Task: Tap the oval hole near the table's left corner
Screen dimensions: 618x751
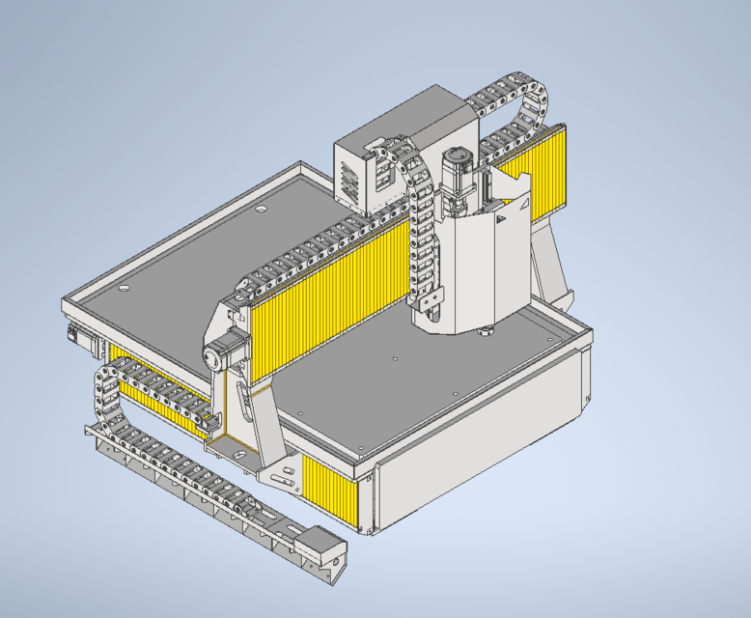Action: click(123, 289)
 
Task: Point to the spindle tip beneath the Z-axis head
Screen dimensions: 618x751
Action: click(485, 334)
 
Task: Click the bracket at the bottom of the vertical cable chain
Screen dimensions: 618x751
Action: click(431, 303)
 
